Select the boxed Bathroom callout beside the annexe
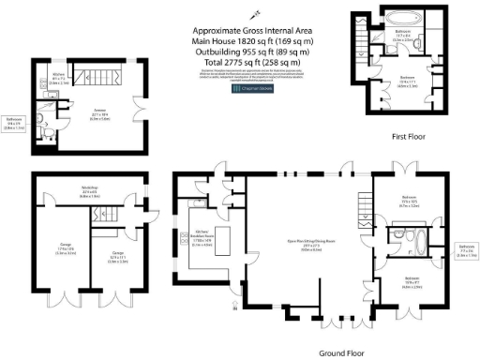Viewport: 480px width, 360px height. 14,122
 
